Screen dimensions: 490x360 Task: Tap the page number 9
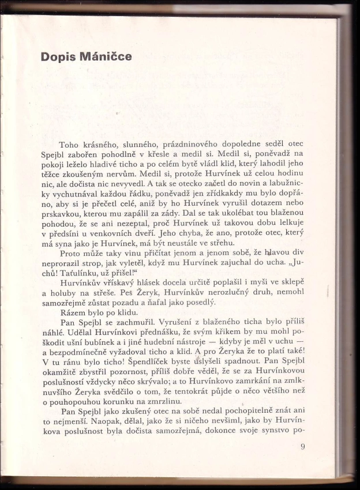click(x=302, y=446)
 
